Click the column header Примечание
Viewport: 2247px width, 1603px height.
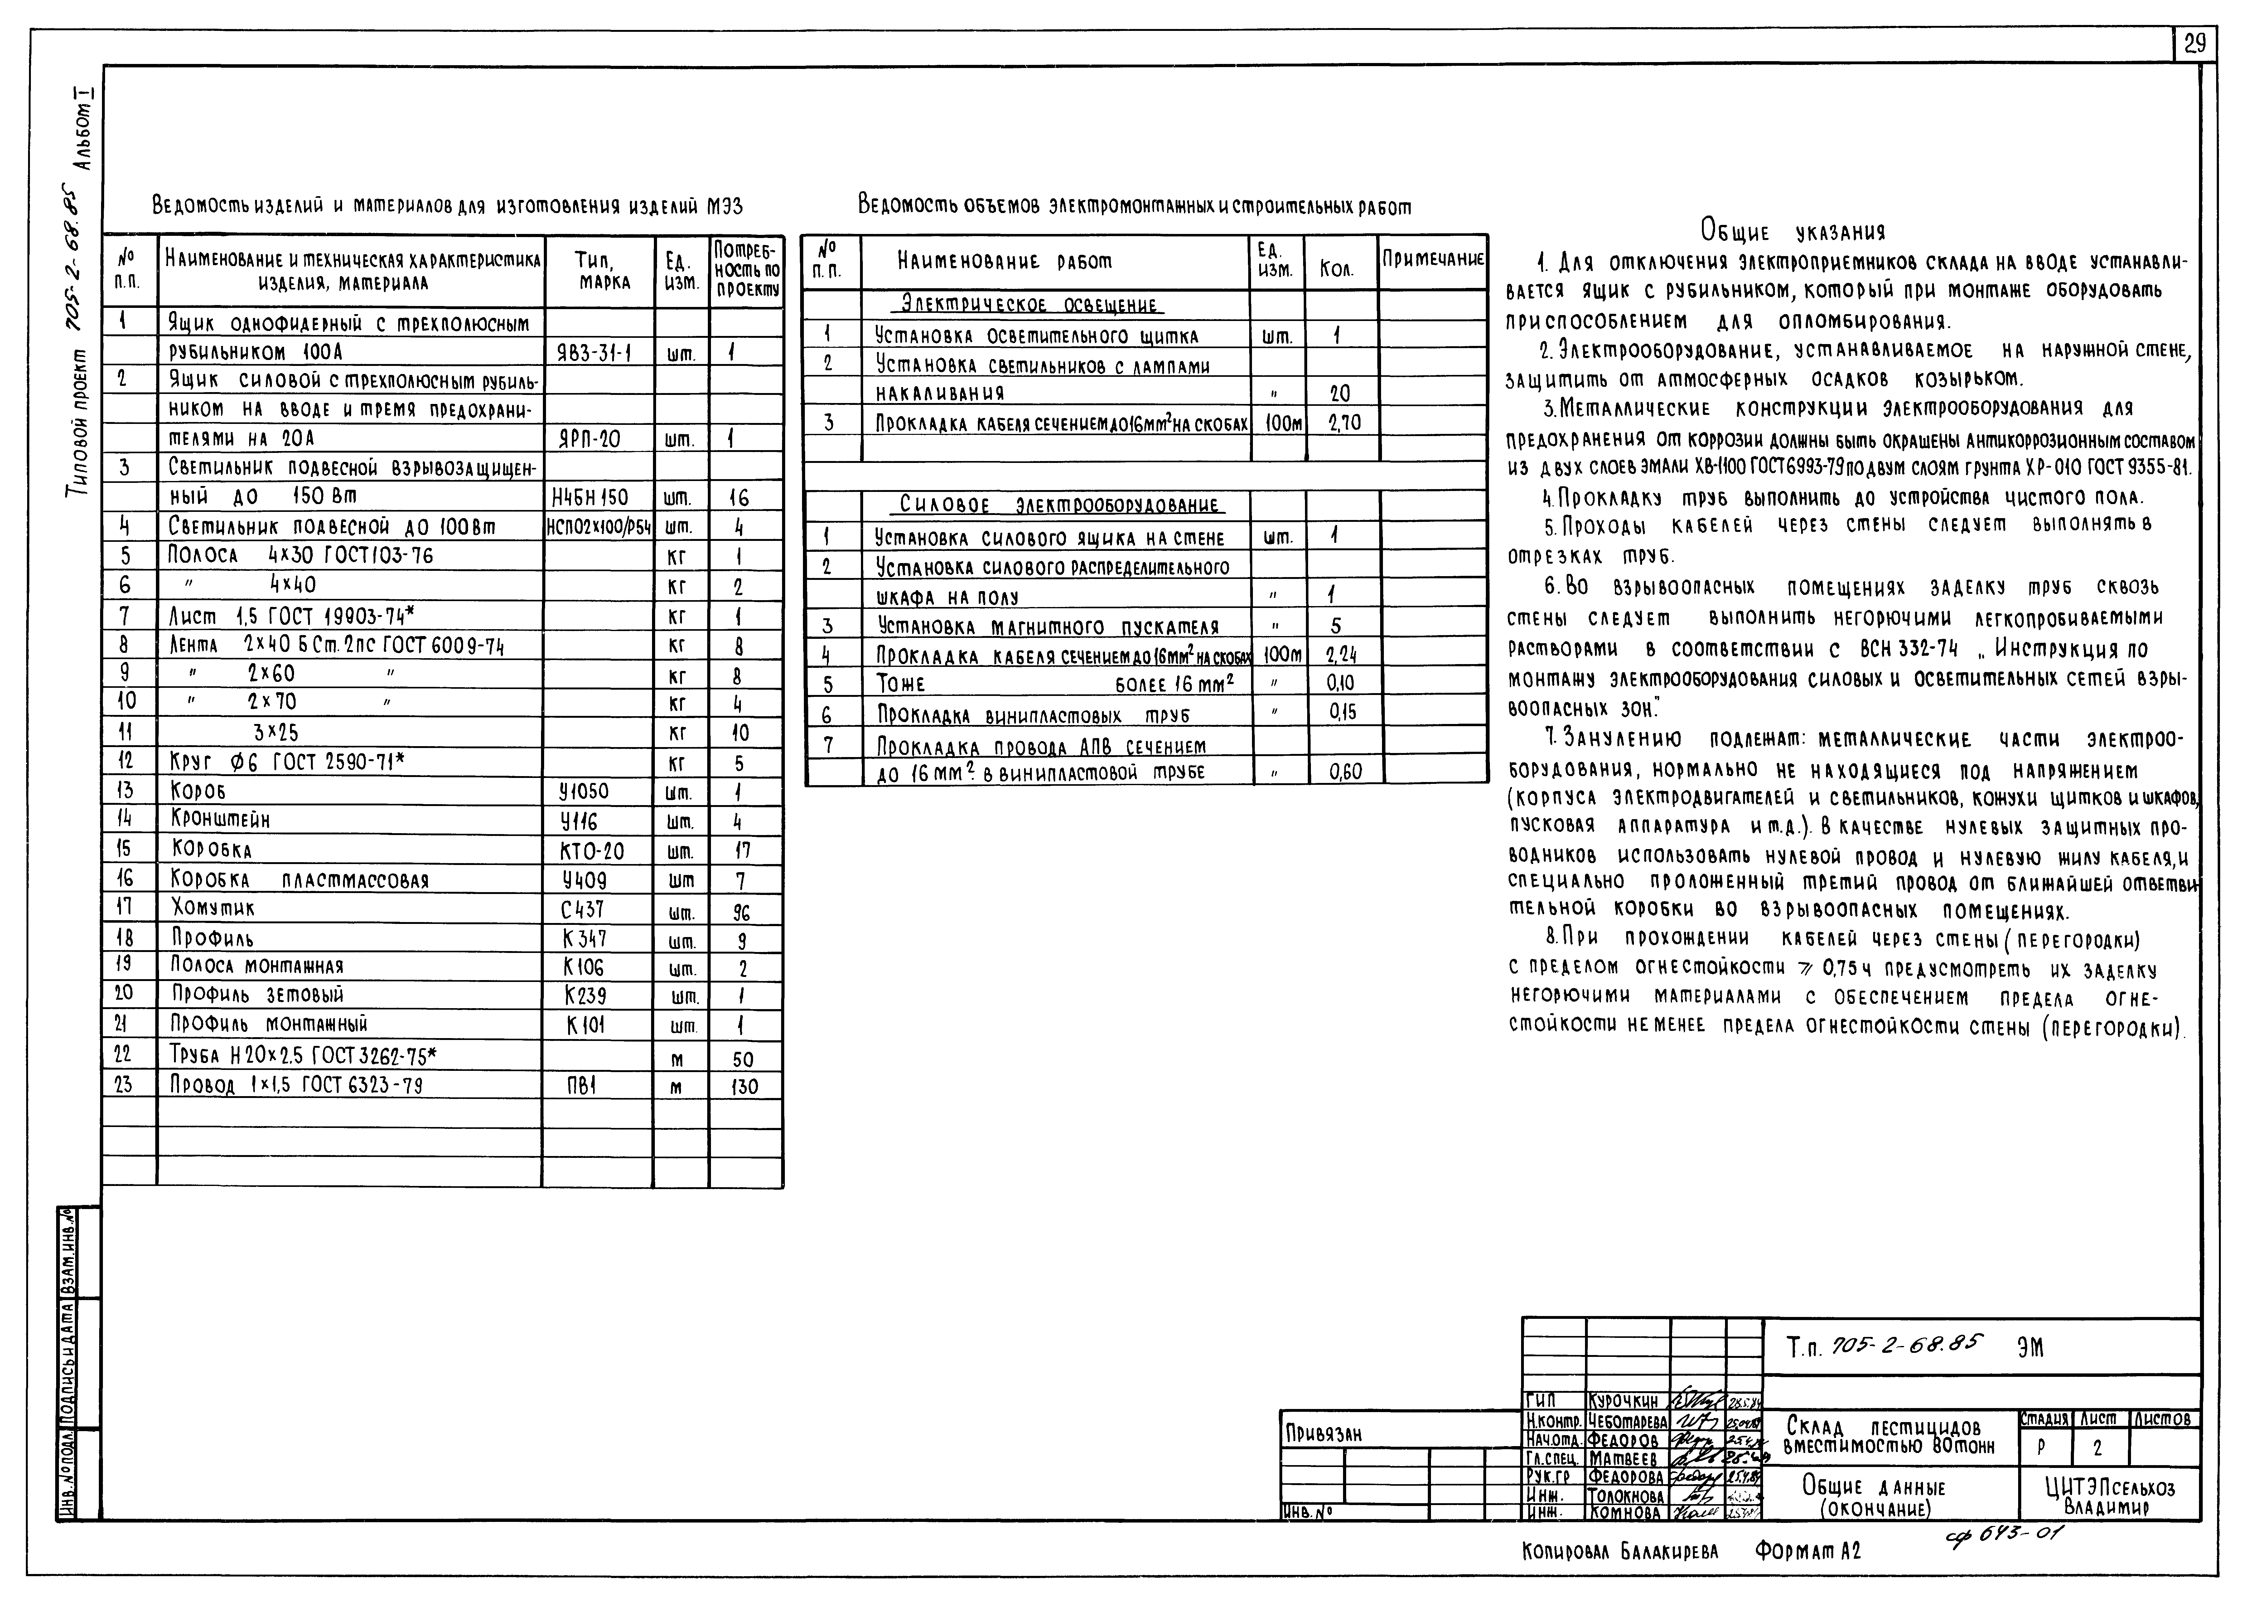1433,260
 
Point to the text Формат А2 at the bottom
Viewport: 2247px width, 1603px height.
1808,1551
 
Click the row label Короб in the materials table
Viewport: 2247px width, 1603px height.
198,792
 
